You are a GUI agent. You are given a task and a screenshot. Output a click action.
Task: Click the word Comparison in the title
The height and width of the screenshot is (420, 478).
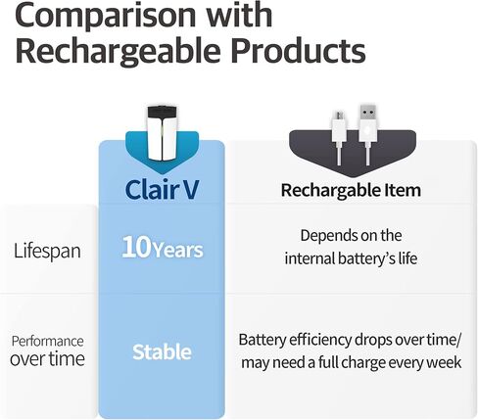(106, 15)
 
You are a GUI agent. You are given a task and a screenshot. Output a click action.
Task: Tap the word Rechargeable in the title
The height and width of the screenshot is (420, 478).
(118, 52)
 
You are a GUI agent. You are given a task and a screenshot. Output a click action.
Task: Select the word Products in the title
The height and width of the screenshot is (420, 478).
(299, 50)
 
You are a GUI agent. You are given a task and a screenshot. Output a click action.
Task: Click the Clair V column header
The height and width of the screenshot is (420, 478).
(162, 189)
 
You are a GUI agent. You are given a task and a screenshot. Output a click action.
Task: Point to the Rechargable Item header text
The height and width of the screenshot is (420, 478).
(351, 190)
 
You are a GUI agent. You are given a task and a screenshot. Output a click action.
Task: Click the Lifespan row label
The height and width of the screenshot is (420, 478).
(47, 251)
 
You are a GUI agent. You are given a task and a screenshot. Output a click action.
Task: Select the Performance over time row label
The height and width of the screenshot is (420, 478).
(47, 350)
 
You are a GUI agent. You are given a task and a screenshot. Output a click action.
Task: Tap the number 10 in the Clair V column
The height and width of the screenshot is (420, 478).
(136, 247)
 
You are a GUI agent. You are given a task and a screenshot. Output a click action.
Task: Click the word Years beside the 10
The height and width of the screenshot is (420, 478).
(178, 251)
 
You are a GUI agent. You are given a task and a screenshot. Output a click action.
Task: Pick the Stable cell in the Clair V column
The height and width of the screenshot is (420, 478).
(162, 351)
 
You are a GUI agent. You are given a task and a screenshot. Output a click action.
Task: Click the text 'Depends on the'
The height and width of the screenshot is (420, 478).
(351, 235)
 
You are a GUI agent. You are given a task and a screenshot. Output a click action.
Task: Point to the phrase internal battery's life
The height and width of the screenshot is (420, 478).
(351, 258)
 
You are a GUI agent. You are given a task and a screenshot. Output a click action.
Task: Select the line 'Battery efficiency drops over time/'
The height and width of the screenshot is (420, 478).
(351, 340)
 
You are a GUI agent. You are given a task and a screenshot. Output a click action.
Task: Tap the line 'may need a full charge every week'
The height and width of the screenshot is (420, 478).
(352, 362)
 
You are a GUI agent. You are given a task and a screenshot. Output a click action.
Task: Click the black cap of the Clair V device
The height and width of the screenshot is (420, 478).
(162, 114)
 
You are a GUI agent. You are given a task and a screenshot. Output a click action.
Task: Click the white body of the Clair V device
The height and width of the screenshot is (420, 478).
(162, 140)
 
